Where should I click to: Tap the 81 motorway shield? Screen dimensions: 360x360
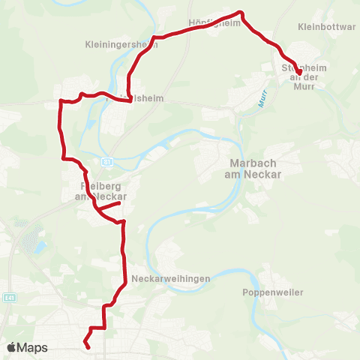coord(108,160)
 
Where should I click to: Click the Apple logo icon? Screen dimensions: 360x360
coord(12,347)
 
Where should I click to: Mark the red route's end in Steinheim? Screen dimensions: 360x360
coord(298,72)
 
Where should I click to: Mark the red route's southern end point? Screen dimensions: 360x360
coord(88,346)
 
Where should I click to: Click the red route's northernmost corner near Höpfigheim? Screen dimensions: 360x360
coord(241,13)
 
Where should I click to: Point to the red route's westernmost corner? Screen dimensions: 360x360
coord(60,100)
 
